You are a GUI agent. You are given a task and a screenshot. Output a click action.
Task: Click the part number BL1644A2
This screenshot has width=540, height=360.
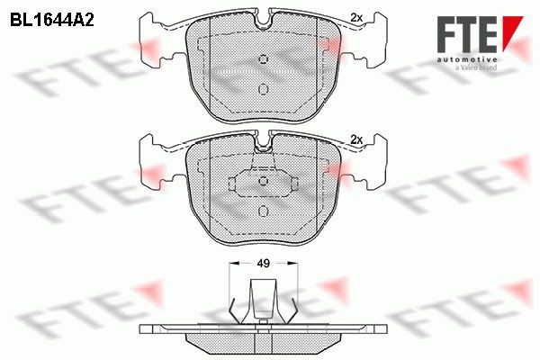[x=52, y=21]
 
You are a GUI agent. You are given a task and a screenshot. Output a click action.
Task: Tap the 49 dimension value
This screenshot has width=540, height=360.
[x=264, y=264]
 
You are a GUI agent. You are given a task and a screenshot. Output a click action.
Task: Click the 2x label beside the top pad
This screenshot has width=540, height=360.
[x=356, y=18]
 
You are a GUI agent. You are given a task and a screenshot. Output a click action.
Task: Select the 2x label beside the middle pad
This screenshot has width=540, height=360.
[x=356, y=139]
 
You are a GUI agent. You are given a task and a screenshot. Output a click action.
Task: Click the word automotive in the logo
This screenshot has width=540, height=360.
[x=466, y=59]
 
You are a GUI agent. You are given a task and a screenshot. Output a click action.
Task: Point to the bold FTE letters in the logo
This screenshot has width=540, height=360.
[x=466, y=34]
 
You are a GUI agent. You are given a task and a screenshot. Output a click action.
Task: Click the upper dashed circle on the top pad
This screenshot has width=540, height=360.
[x=264, y=59]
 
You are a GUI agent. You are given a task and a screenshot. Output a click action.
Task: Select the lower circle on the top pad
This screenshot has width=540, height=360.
[x=264, y=89]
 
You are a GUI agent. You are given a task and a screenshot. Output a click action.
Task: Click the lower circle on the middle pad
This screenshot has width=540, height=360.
[x=264, y=211]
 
